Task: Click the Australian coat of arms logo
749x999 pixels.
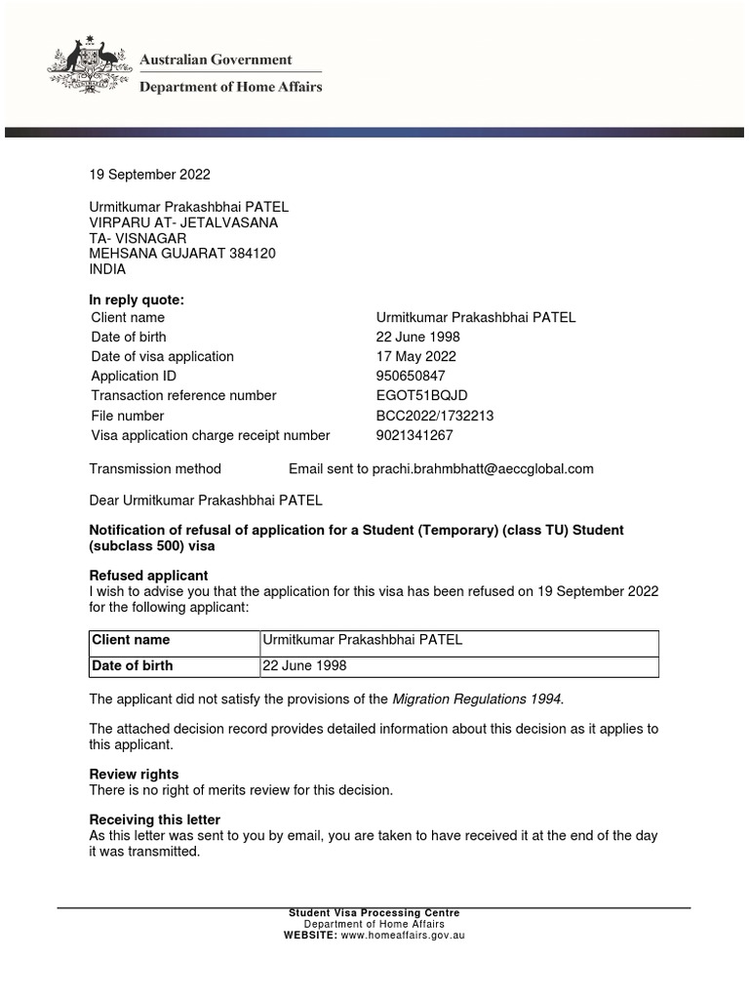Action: coord(85,66)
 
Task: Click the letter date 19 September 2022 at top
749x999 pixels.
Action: coord(149,175)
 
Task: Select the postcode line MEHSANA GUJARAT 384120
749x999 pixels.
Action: coord(182,254)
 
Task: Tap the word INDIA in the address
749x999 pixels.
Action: coord(108,269)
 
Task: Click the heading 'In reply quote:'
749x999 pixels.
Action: coord(137,300)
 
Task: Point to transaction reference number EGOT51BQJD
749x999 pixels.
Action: coord(422,395)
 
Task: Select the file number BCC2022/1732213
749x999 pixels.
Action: coord(435,416)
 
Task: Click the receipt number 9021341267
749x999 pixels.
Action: coord(414,435)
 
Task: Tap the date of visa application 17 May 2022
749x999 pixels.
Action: coord(416,356)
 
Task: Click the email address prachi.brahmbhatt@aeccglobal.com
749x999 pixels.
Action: coord(482,468)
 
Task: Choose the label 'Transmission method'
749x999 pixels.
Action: coord(155,468)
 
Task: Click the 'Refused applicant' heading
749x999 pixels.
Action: coord(148,576)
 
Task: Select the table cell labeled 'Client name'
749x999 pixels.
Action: coord(131,640)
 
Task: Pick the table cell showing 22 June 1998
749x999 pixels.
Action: coord(304,665)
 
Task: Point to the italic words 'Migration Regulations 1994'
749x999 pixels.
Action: coord(477,699)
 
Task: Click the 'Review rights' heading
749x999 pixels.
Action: coord(134,775)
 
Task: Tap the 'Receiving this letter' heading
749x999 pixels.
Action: coord(155,819)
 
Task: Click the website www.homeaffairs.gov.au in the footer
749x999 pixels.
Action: coord(402,935)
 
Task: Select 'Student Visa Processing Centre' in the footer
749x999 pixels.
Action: coord(374,913)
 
